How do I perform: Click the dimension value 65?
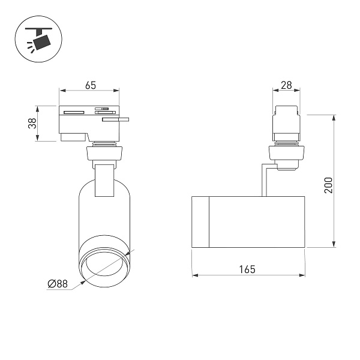point(90,85)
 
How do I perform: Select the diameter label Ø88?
point(58,283)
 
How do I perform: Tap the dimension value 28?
point(286,85)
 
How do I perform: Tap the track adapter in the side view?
point(286,129)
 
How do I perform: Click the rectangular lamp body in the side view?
point(258,221)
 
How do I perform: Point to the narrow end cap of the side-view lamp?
point(200,221)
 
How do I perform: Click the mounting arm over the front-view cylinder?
point(103,179)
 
